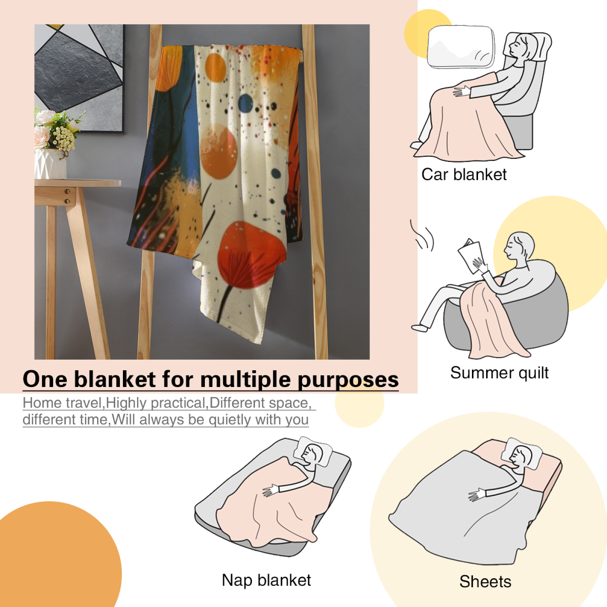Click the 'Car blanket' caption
pyautogui.click(x=464, y=175)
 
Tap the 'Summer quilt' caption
pyautogui.click(x=499, y=373)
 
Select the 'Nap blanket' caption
pyautogui.click(x=266, y=580)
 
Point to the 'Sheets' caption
pyautogui.click(x=485, y=581)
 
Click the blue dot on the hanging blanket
pyautogui.click(x=245, y=102)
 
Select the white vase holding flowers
pyautogui.click(x=50, y=164)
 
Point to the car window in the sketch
pyautogui.click(x=461, y=47)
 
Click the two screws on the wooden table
pyautogui.click(x=68, y=196)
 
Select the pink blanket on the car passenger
pyautogui.click(x=467, y=121)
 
